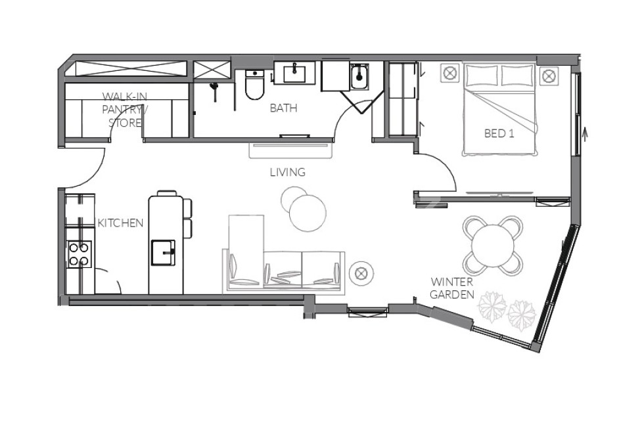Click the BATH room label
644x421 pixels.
coord(283,108)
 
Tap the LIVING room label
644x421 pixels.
coord(288,173)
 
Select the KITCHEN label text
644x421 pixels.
coord(120,223)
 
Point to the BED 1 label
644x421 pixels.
coord(499,133)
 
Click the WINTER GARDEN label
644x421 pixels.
coord(452,288)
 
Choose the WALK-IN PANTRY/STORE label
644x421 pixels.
coord(125,109)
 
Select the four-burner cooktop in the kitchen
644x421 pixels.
coord(79,254)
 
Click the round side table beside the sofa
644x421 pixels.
coord(361,272)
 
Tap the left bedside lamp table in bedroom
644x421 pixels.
coord(449,73)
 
